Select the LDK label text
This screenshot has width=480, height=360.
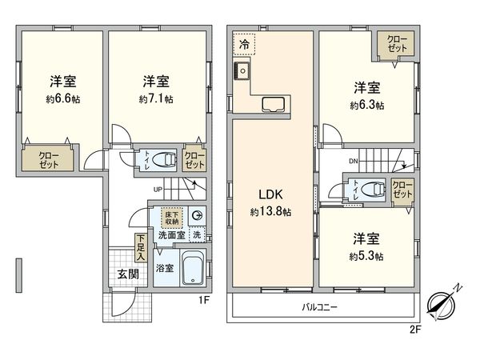[x=268, y=194]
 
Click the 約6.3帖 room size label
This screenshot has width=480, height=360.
[x=366, y=105]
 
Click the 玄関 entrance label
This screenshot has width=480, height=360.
[x=117, y=273]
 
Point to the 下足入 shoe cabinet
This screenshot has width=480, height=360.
[x=140, y=247]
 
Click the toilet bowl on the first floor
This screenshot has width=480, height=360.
[x=163, y=158]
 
